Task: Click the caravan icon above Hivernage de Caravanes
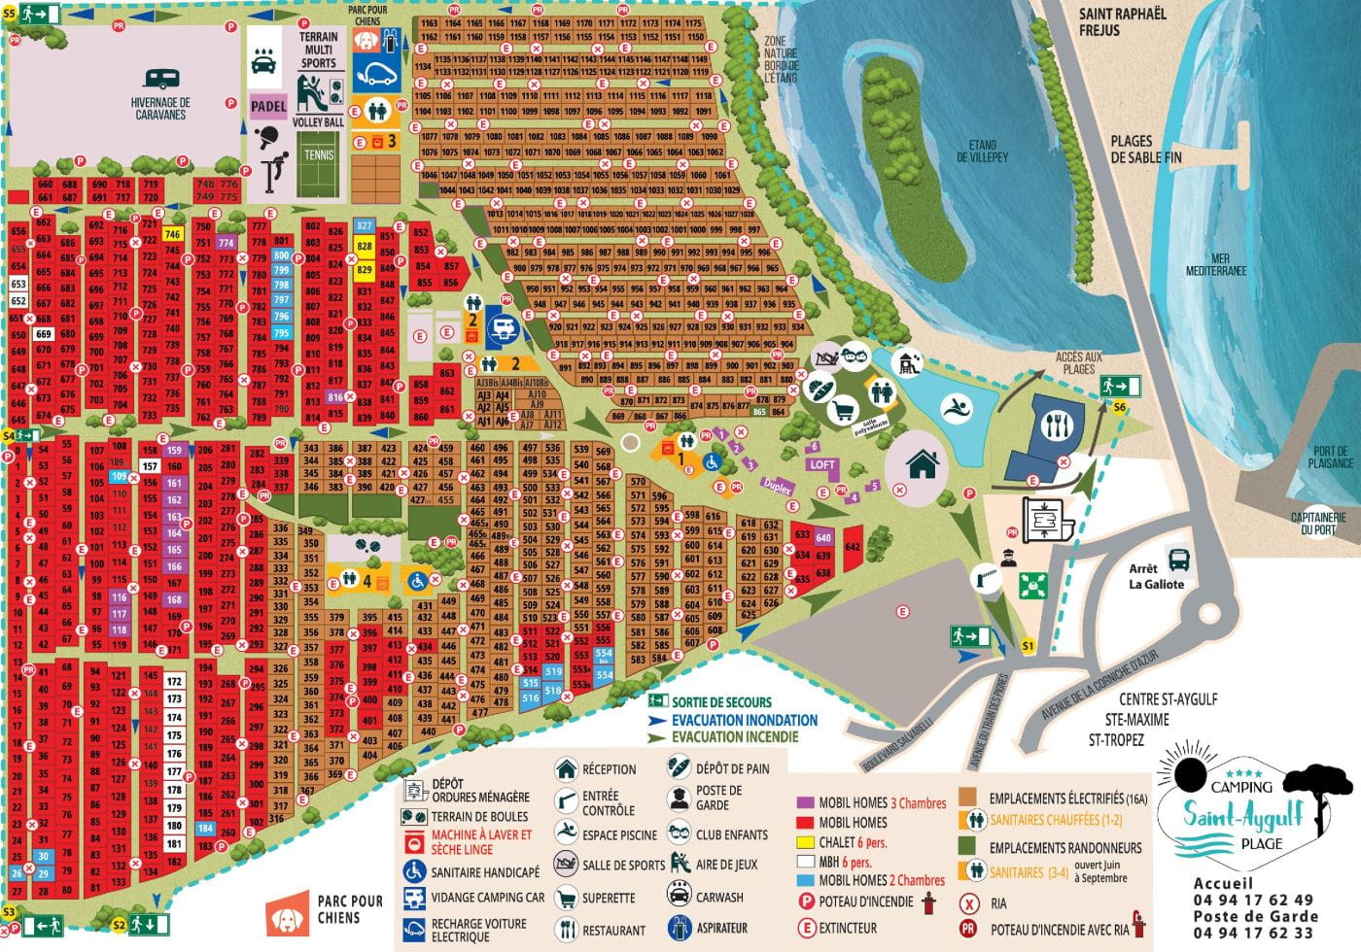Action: click(161, 79)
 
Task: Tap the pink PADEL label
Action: click(268, 107)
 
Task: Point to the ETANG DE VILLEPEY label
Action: click(982, 151)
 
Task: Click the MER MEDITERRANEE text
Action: click(1220, 264)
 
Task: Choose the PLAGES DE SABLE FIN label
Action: click(1146, 149)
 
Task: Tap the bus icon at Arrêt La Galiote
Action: click(1178, 560)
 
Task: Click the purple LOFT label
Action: click(821, 464)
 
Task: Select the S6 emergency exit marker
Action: click(1120, 407)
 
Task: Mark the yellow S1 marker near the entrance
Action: click(1029, 646)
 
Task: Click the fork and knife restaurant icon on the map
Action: click(1055, 425)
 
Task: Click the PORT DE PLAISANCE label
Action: click(1330, 457)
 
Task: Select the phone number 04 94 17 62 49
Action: click(1253, 901)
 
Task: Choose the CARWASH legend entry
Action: click(719, 898)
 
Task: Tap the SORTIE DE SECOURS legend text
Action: click(721, 702)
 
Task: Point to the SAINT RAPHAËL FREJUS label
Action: click(1122, 22)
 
